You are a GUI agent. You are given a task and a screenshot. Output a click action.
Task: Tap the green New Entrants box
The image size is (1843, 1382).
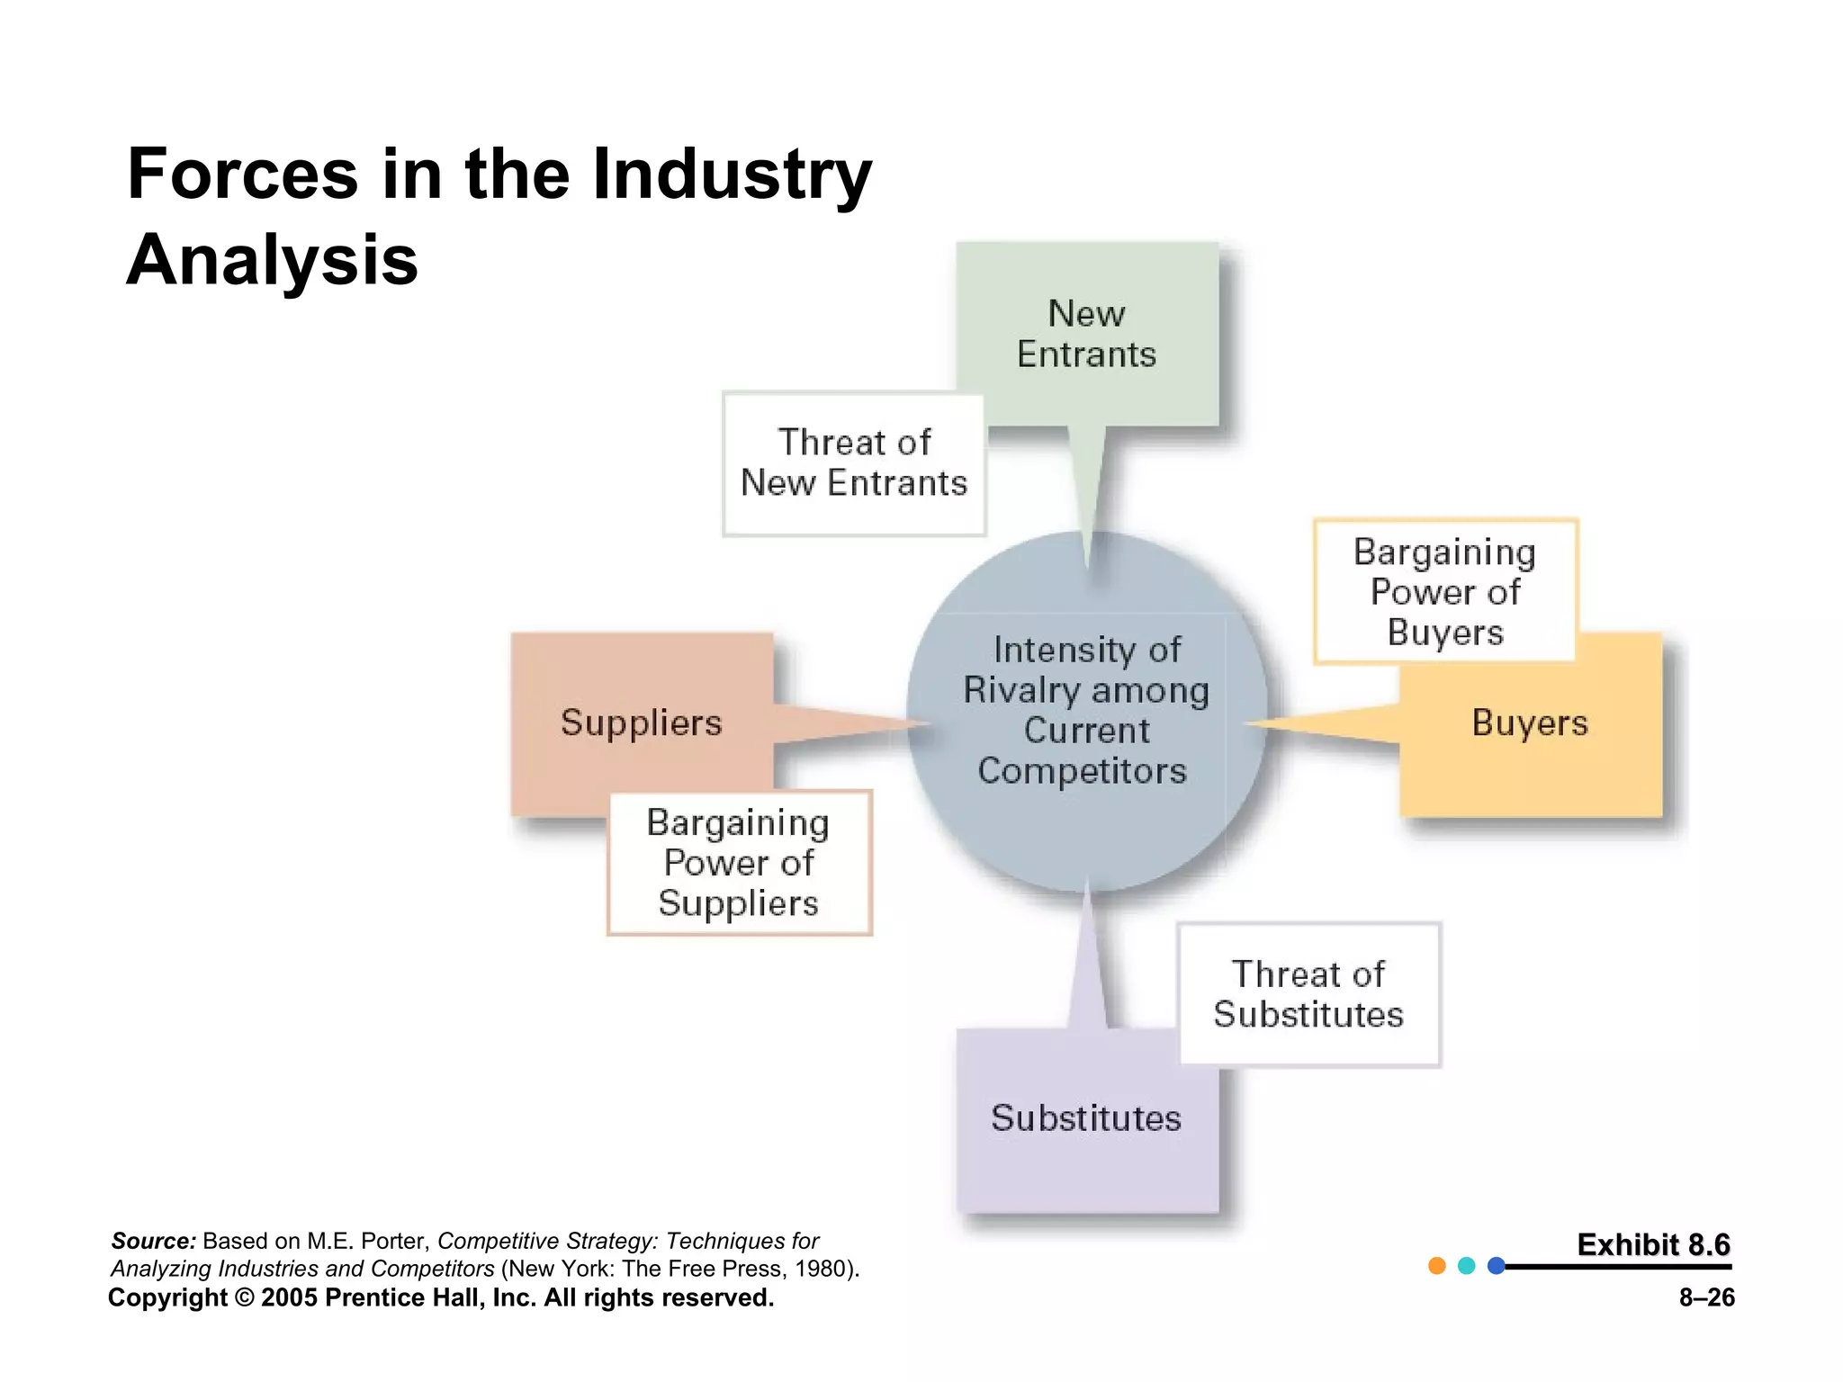(x=1086, y=334)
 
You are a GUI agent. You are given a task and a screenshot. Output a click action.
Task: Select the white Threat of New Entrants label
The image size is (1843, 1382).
(x=853, y=463)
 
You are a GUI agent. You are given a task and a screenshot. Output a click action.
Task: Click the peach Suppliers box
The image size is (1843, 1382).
(x=641, y=723)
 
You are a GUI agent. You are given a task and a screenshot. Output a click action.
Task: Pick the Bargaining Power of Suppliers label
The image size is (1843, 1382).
(x=739, y=863)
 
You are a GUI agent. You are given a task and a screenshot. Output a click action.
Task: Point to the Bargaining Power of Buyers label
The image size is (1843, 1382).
(x=1444, y=591)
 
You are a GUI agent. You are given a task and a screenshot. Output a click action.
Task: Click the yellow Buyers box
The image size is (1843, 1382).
(x=1530, y=723)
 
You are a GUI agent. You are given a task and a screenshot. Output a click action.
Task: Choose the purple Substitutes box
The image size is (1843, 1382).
(x=1086, y=1118)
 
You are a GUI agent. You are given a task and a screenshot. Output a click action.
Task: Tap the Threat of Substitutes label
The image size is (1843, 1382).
(x=1308, y=994)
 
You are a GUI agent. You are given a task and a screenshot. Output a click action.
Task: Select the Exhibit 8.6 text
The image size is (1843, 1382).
(x=1653, y=1244)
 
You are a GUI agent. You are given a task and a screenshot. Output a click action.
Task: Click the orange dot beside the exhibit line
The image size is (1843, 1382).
(x=1437, y=1266)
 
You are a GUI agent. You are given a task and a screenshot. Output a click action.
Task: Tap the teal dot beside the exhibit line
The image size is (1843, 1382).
(x=1467, y=1266)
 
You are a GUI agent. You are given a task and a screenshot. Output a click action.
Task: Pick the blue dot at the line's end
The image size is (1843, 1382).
(x=1497, y=1266)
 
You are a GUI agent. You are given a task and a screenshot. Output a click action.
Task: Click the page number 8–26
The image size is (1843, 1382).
(x=1706, y=1297)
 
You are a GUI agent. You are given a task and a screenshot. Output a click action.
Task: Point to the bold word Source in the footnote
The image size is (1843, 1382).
(x=152, y=1242)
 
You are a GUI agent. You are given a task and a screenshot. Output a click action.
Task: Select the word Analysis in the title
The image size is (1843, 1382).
(x=273, y=260)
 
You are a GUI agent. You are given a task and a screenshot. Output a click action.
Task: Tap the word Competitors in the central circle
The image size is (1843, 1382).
(x=1082, y=771)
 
